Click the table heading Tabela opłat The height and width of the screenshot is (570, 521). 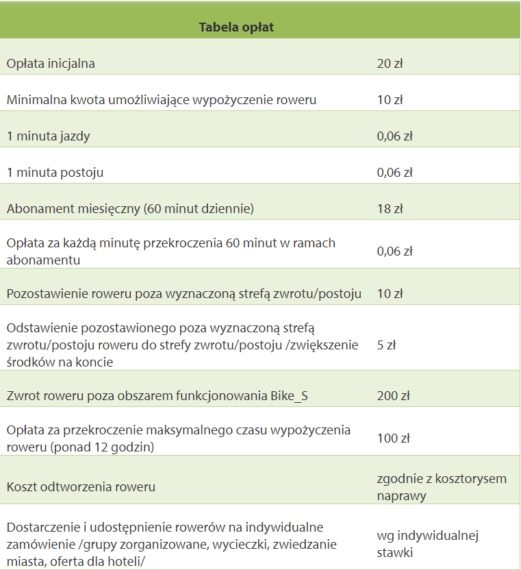pyautogui.click(x=236, y=27)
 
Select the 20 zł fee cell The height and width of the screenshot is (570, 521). pyautogui.click(x=390, y=64)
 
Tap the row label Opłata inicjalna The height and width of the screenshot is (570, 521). pyautogui.click(x=51, y=64)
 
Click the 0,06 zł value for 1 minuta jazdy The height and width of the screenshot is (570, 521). pyautogui.click(x=394, y=136)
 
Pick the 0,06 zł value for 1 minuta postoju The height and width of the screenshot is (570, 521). pyautogui.click(x=394, y=173)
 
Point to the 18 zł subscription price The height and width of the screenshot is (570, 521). pyautogui.click(x=390, y=209)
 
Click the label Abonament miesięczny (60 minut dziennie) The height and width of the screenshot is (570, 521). pyautogui.click(x=130, y=209)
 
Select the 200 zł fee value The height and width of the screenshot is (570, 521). pyautogui.click(x=393, y=395)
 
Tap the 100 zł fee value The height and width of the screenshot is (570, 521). pyautogui.click(x=393, y=438)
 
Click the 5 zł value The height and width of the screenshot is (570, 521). pyautogui.click(x=386, y=345)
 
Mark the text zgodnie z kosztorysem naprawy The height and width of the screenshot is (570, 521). pyautogui.click(x=442, y=486)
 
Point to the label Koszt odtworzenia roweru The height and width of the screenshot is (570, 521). pyautogui.click(x=81, y=487)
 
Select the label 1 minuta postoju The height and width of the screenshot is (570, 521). pyautogui.click(x=55, y=173)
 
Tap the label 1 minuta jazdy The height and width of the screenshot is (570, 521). pyautogui.click(x=48, y=136)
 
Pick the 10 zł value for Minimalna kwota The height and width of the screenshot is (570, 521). pyautogui.click(x=390, y=100)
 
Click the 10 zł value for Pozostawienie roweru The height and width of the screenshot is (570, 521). pyautogui.click(x=390, y=294)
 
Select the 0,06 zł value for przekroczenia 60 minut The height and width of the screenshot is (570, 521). pyautogui.click(x=394, y=251)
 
